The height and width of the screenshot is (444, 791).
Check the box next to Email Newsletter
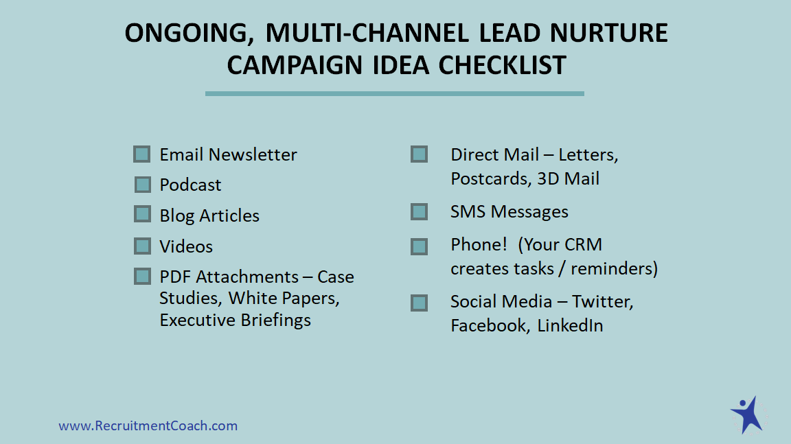[x=141, y=154]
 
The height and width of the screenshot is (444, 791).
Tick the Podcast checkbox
[x=143, y=185]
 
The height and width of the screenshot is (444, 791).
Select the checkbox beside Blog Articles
[x=142, y=214]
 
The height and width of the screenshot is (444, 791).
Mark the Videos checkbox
[x=142, y=246]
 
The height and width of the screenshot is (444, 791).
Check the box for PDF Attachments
[x=142, y=276]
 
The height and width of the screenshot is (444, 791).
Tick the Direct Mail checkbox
[x=420, y=154]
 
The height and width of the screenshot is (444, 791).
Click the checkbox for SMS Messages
[x=420, y=211]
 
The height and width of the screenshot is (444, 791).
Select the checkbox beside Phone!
[x=420, y=246]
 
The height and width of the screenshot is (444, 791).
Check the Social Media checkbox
[x=420, y=303]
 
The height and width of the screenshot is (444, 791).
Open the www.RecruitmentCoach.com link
[x=148, y=426]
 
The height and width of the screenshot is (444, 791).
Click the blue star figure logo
[x=747, y=415]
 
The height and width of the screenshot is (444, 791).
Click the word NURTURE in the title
[x=608, y=33]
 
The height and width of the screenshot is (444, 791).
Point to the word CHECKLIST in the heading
[x=502, y=65]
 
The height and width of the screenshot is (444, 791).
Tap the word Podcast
[x=190, y=185]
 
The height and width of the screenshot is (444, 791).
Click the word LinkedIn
[x=570, y=325]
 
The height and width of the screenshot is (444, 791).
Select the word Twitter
[x=602, y=302]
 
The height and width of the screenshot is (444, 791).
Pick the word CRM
[x=583, y=244]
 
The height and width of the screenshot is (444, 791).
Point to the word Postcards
[x=492, y=179]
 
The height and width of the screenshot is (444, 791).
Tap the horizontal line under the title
[x=395, y=94]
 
